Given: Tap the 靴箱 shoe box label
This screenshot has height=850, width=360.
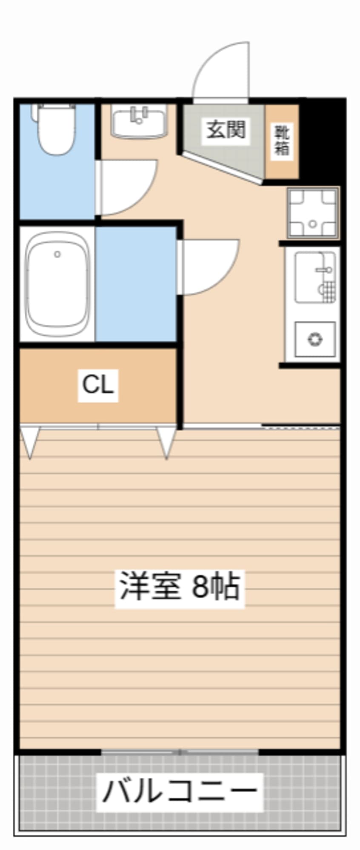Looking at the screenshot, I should point(281,140).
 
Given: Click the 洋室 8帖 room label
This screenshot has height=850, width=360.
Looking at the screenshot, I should point(180,587).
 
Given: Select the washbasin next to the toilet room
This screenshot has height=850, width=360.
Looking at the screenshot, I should point(139,121).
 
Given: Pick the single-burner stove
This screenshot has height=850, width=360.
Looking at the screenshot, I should point(315,339).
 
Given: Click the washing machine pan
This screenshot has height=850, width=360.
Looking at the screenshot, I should point(313,212).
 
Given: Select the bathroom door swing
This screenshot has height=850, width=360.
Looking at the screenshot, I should point(209,266).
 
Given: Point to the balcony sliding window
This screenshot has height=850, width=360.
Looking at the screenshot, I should point(180,752).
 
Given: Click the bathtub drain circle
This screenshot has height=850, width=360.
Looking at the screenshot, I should point(57,255).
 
